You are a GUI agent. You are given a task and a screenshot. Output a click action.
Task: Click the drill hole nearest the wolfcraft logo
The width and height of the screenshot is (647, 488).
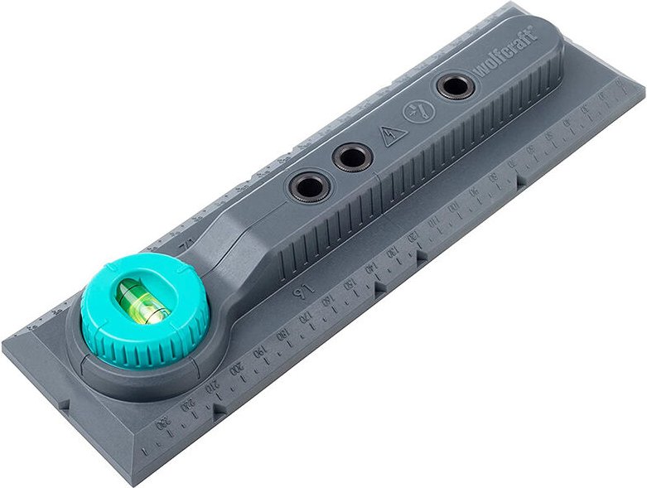pos(454,86)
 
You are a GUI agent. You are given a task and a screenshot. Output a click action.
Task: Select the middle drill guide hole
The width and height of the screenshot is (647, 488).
pos(352,157)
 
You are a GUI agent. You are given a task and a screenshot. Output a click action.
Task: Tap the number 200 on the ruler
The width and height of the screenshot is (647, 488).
pos(238,367)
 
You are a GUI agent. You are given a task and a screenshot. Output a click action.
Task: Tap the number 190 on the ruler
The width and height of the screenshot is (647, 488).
pos(260,351)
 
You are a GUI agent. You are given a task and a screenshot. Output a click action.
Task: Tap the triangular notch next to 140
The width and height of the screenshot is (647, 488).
pos(382,289)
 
